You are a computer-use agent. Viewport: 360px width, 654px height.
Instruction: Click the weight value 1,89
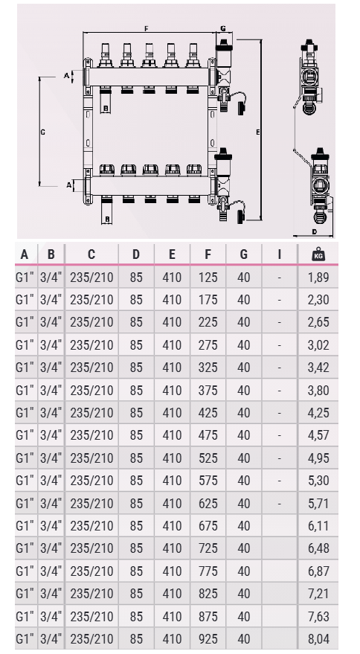[x=318, y=278]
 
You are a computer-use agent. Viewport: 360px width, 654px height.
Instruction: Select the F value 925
[x=208, y=639]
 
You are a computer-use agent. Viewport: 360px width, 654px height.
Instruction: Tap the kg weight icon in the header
[x=318, y=254]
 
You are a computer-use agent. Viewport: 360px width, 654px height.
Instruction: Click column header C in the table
[x=91, y=254]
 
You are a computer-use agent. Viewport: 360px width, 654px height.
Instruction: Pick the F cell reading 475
[x=208, y=435]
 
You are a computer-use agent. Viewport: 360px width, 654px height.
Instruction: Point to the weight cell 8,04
[x=318, y=639]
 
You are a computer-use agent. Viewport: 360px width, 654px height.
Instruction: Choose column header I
[x=280, y=254]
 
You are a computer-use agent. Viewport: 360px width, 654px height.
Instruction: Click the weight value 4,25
[x=318, y=413]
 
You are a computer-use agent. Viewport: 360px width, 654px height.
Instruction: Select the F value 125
[x=208, y=278]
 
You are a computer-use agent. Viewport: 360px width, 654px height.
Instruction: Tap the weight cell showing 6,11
[x=318, y=526]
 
